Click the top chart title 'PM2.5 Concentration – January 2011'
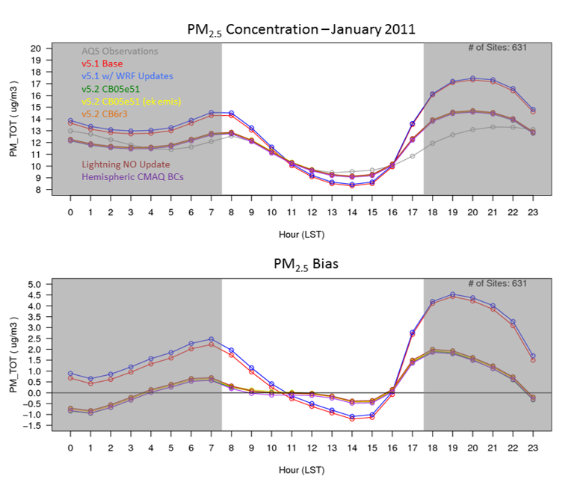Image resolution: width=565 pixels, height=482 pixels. [x=300, y=29]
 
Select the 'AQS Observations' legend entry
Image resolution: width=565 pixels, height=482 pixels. [x=120, y=52]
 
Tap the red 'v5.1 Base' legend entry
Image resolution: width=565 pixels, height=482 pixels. [x=102, y=64]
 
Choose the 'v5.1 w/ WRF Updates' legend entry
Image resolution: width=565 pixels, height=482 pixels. [x=127, y=76]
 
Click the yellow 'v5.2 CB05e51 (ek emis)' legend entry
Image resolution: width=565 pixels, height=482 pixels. [x=132, y=101]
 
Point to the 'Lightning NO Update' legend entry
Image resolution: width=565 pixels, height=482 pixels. [x=126, y=164]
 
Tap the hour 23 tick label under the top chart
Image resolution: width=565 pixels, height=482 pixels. [x=531, y=210]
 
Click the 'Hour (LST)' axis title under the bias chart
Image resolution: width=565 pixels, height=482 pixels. [x=300, y=472]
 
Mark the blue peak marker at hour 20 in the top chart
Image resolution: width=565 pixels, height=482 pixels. [x=472, y=78]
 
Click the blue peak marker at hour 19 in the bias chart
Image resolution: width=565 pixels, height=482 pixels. [x=452, y=294]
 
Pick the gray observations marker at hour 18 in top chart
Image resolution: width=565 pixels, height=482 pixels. [x=432, y=143]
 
